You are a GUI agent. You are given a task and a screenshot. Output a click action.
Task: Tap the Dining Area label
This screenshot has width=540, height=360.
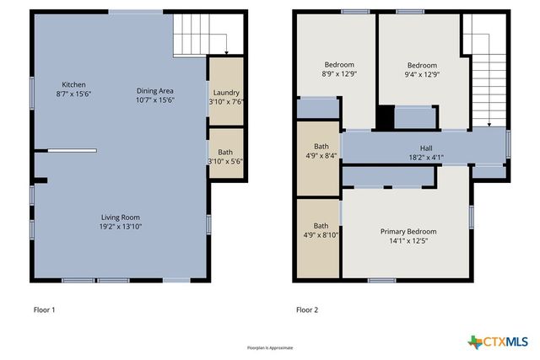pos(155,90)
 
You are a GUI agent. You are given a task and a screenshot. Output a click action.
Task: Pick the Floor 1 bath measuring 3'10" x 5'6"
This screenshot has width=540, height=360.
pos(225,156)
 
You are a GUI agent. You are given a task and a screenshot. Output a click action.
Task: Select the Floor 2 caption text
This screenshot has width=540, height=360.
pos(307,310)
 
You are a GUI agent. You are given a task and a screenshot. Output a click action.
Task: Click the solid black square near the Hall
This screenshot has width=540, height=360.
pos(385,118)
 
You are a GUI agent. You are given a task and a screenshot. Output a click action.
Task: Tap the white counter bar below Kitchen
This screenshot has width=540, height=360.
pos(72,151)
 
